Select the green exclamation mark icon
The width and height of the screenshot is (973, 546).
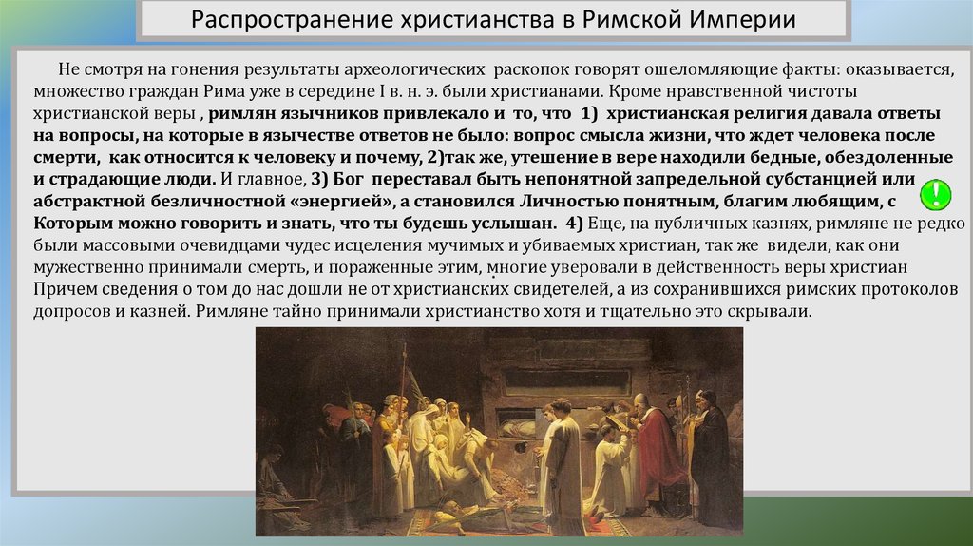coord(935,194)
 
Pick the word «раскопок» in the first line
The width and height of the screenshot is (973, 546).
coord(533,69)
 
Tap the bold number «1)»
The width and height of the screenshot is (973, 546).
coord(588,114)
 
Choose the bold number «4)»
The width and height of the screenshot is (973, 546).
coord(574,223)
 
